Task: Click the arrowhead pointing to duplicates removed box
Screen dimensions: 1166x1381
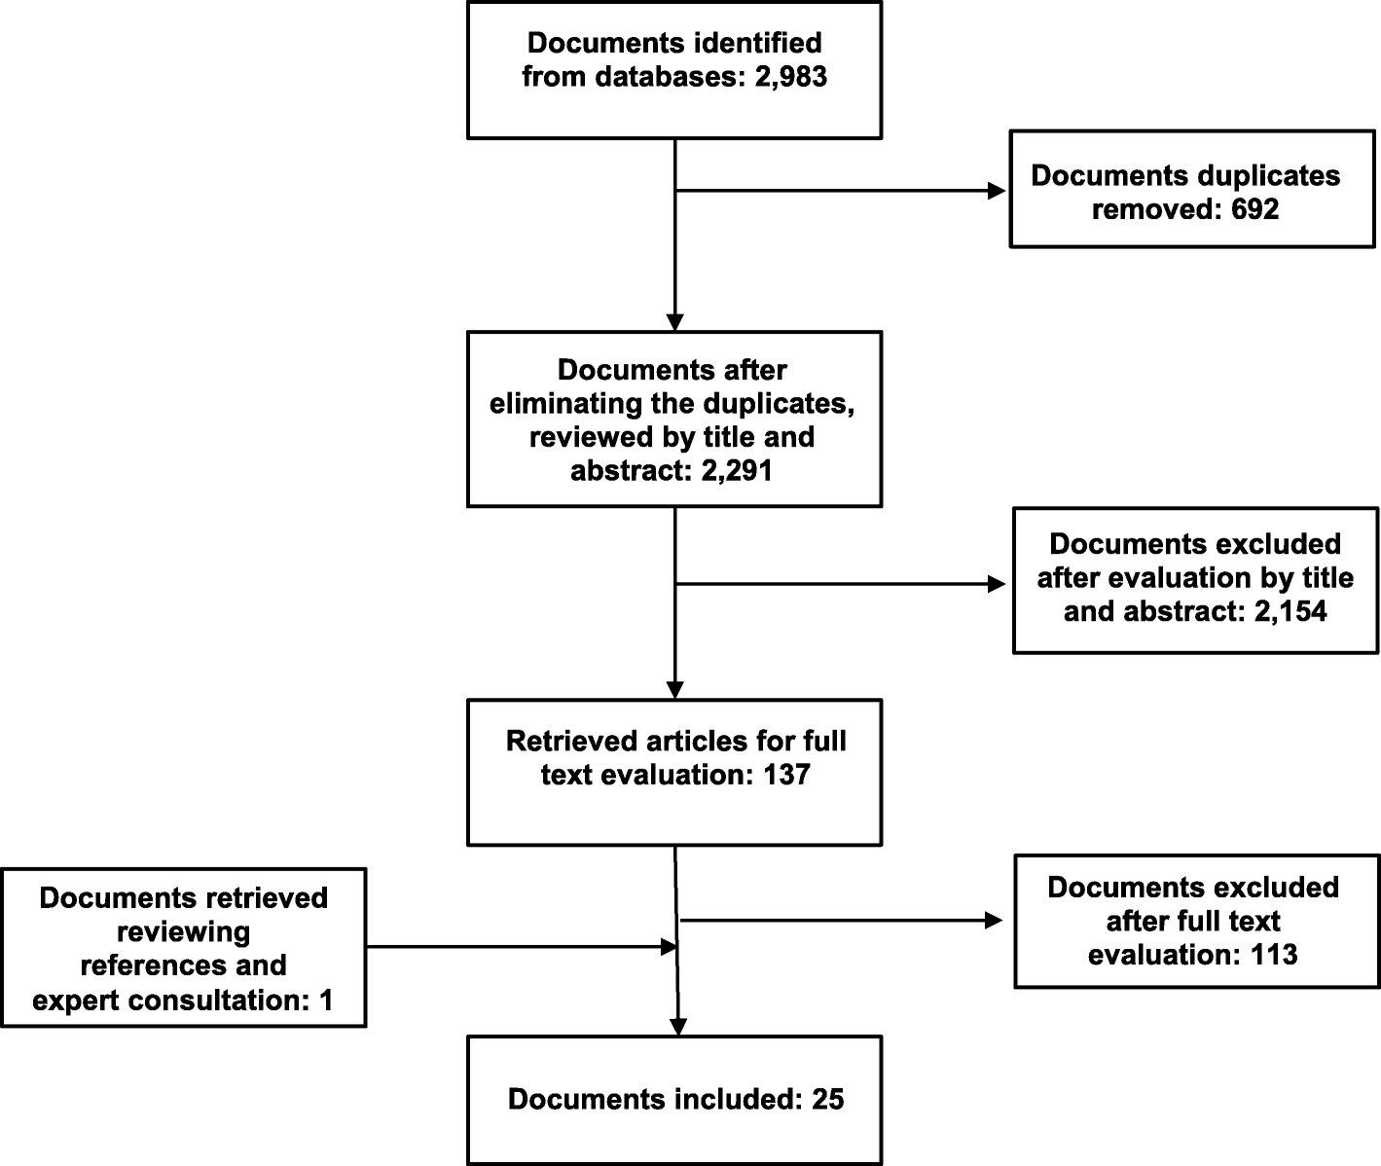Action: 997,192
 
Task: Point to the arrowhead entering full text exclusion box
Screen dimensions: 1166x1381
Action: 994,921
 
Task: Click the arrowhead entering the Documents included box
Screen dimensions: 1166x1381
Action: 677,1026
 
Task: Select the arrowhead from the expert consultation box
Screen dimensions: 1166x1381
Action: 669,946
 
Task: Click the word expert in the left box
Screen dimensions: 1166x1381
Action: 81,1000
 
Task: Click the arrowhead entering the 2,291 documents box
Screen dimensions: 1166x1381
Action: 674,322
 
